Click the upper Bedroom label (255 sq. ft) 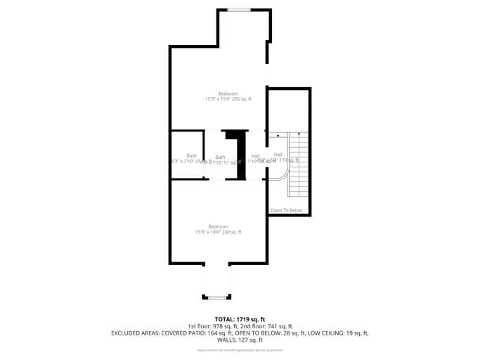(x=228, y=94)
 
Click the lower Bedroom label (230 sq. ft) (x=218, y=226)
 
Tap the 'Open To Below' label (x=286, y=210)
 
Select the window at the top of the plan (x=239, y=10)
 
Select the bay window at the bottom (x=216, y=297)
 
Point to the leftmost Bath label (x=191, y=156)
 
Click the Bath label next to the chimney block (x=220, y=157)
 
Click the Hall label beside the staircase (x=278, y=155)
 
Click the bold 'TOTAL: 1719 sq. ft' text (x=240, y=319)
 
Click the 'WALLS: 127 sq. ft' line (x=240, y=340)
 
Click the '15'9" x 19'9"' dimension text (x=217, y=99)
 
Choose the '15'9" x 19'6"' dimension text (x=208, y=232)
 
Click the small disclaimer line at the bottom (x=240, y=350)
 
